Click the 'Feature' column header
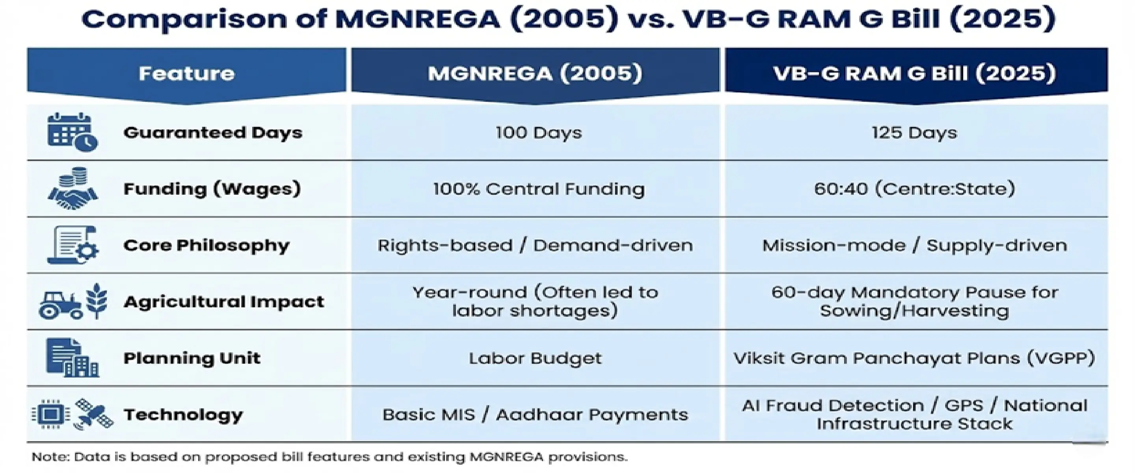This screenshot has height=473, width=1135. [186, 73]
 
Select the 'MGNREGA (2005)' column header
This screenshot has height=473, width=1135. [535, 73]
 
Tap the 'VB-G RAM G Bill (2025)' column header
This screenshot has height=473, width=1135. [915, 73]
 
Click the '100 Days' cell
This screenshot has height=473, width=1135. [538, 133]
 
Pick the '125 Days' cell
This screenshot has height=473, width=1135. [914, 133]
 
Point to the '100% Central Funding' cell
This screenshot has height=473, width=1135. [538, 189]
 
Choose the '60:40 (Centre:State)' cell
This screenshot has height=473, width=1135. [914, 189]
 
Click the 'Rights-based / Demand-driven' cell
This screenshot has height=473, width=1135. [535, 246]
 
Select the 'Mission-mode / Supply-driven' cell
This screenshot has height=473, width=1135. [914, 246]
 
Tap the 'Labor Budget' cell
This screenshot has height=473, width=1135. [535, 358]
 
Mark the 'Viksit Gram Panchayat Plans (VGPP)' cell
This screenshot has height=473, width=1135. [914, 358]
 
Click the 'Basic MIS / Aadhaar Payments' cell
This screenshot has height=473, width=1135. [535, 415]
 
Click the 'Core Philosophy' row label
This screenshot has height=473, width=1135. [206, 246]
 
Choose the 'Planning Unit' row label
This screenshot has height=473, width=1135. [192, 358]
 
